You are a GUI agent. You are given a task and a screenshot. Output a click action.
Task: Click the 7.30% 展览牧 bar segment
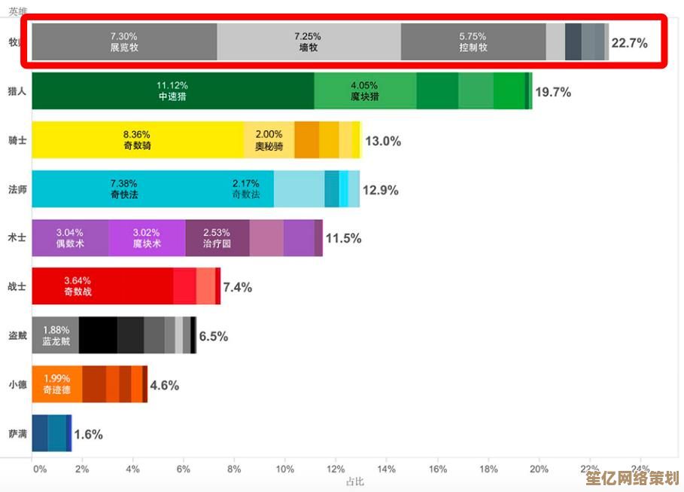(x=124, y=41)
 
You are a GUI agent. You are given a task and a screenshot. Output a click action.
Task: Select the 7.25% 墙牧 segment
(x=309, y=41)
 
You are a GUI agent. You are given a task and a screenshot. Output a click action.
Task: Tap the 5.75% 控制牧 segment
(x=473, y=41)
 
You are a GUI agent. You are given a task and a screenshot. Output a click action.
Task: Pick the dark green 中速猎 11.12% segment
(x=172, y=90)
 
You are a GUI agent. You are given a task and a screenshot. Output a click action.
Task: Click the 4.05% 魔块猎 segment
(x=365, y=90)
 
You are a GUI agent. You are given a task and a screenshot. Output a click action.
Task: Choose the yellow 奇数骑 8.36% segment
(x=138, y=139)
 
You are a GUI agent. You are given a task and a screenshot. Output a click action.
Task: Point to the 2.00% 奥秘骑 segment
(x=269, y=139)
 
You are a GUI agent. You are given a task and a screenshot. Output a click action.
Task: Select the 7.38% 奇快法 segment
(x=124, y=188)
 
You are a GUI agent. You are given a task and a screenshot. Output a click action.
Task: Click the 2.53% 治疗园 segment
(x=217, y=238)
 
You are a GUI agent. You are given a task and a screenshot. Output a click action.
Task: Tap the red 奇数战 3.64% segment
(x=78, y=286)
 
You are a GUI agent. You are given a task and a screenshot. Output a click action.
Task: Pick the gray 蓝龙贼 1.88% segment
(x=56, y=335)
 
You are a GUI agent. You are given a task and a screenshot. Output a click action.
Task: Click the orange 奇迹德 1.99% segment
(x=57, y=384)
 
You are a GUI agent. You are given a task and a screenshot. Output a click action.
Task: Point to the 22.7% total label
(x=629, y=43)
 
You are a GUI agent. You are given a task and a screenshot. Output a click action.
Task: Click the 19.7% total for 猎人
(x=553, y=92)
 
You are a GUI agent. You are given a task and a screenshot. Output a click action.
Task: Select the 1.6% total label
(x=88, y=435)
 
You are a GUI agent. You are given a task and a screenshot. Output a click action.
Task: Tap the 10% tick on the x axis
(x=284, y=469)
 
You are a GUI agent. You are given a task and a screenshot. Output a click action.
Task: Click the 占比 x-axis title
(x=354, y=481)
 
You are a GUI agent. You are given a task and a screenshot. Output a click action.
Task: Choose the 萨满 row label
(x=17, y=434)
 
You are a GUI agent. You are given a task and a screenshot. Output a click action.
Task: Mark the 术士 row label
(x=17, y=238)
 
